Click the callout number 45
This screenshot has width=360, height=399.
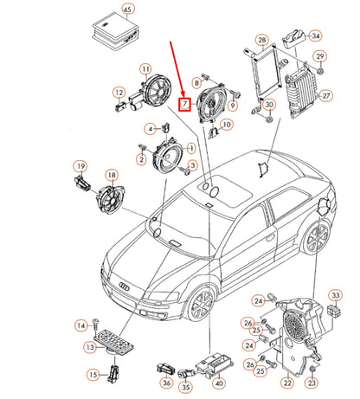[127, 10]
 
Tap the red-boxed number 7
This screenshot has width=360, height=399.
[184, 104]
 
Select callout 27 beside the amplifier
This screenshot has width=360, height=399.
[326, 95]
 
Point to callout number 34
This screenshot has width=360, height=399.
[316, 35]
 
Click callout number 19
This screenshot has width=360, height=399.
[81, 166]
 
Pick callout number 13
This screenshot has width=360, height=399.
[90, 347]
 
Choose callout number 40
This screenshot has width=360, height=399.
[219, 383]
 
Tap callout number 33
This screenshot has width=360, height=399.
[336, 295]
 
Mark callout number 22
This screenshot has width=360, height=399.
[287, 383]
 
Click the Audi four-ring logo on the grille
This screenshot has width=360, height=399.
[125, 286]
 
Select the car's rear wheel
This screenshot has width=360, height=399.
[317, 237]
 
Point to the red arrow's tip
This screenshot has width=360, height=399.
[183, 95]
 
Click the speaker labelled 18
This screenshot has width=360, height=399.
[111, 198]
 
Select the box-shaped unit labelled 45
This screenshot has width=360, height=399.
[116, 32]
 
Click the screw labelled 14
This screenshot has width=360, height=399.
[95, 325]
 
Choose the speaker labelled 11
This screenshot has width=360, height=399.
[156, 91]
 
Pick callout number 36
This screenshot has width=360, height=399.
[166, 383]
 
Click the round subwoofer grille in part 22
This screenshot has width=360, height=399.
[294, 325]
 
